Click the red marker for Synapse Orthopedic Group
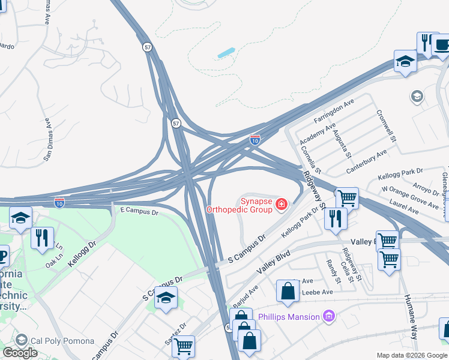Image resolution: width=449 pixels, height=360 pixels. click(280, 206)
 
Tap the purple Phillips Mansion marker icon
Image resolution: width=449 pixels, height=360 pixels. click(328, 316)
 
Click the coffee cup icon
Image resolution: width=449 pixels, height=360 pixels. click(441, 45)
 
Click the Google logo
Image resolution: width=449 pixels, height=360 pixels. click(20, 353)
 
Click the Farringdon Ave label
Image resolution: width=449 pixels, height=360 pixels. click(332, 113)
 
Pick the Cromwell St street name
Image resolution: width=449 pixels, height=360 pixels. click(387, 125)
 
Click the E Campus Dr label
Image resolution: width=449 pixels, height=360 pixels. click(139, 212)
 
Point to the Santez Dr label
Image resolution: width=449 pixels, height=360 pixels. click(175, 334)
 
